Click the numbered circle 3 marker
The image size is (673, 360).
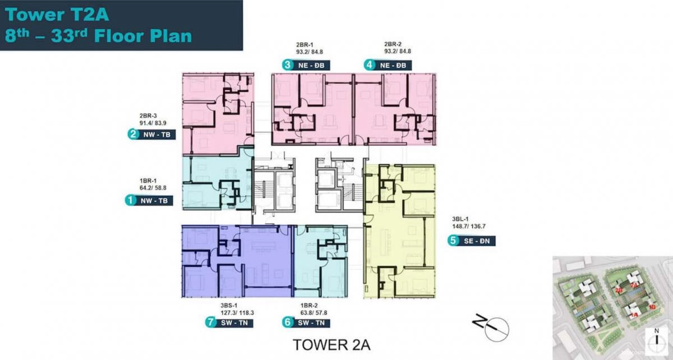(x=287, y=65)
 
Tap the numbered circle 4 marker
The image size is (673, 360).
(x=369, y=65)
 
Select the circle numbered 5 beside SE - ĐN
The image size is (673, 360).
(x=453, y=241)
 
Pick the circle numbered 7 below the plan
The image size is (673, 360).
(x=210, y=322)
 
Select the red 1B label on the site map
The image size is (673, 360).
(x=652, y=307)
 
